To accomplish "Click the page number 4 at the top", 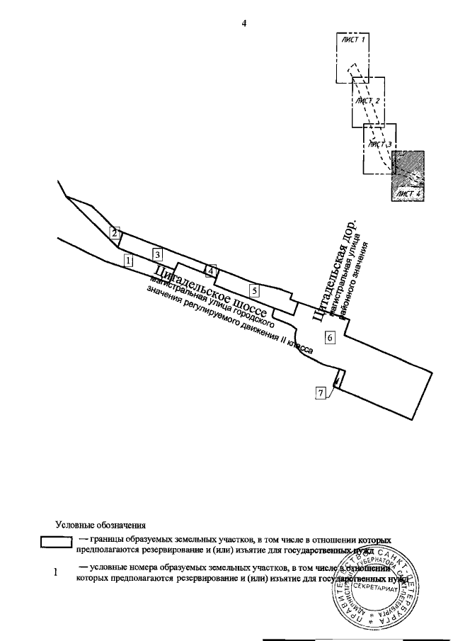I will pos(243,24).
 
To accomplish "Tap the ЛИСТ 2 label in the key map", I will pos(369,101).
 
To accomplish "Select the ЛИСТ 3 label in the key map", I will pos(379,144).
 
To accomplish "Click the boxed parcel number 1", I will pos(128,260).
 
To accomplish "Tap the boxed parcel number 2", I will pos(115,231).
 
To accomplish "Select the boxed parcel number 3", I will pos(158,254).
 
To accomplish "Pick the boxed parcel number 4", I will pos(210,271).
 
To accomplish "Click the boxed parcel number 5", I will pos(254,289).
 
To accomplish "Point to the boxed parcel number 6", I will pos(330,337).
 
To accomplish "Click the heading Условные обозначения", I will pos(100,526).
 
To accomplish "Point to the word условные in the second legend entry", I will pos(108,567).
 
